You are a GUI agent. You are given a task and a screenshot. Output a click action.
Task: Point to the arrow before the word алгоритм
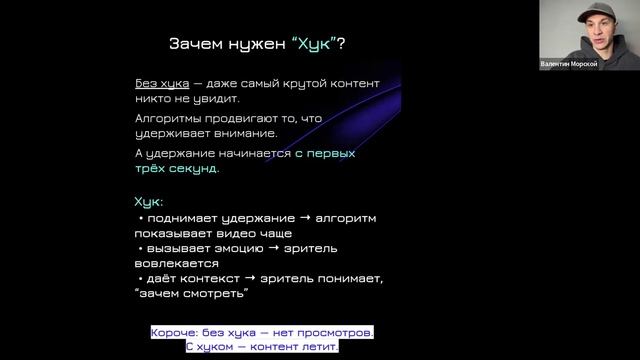coord(304,217)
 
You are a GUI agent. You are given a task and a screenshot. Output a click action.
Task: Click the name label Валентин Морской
coord(568,65)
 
